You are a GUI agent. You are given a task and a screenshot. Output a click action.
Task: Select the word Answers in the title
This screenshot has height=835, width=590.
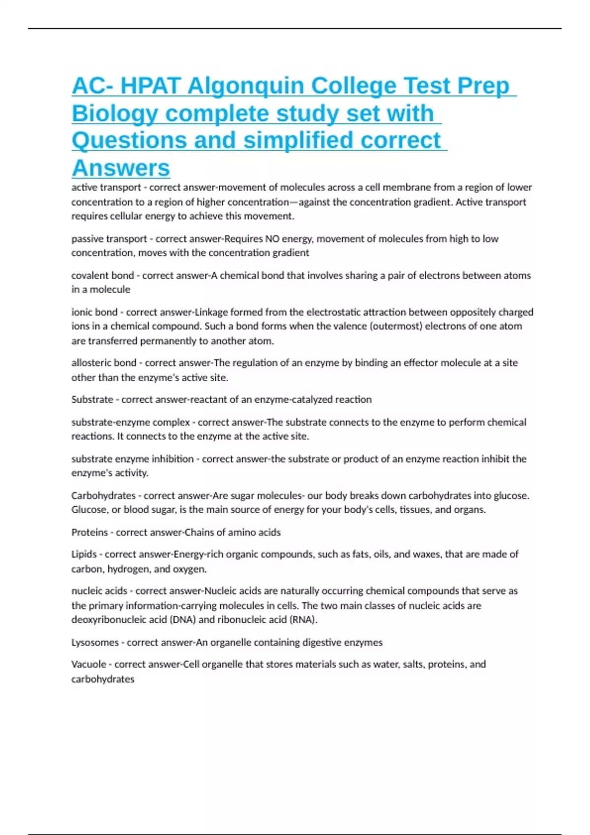121,168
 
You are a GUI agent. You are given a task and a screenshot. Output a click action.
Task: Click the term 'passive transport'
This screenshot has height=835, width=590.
109,239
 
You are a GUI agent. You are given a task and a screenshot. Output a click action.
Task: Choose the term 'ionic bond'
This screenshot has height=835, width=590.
94,312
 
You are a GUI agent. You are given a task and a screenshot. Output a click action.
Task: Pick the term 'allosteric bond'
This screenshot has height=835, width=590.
104,363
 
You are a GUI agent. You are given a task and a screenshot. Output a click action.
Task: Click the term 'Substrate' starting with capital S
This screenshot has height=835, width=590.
92,400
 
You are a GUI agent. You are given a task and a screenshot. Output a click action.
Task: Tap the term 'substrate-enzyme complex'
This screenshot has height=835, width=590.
131,422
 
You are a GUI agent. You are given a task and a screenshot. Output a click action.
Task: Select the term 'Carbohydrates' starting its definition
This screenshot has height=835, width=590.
103,496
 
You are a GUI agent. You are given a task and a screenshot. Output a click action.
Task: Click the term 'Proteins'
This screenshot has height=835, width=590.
89,532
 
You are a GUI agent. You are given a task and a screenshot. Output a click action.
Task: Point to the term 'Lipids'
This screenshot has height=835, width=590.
84,555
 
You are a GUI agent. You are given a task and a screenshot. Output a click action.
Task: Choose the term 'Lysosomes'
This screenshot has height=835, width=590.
95,642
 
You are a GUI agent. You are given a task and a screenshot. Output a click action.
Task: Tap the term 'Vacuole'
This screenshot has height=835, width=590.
89,665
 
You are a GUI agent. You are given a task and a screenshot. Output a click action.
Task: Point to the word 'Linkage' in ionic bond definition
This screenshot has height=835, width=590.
211,312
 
